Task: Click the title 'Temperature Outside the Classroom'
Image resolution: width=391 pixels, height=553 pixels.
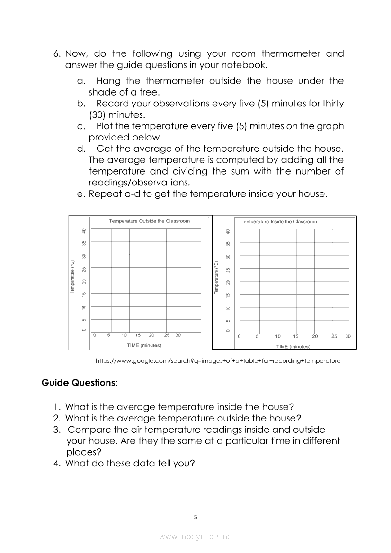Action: coord(149,221)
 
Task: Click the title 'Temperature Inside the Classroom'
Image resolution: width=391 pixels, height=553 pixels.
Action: coord(279,221)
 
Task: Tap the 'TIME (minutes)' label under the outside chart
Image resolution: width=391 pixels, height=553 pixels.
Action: coord(144,345)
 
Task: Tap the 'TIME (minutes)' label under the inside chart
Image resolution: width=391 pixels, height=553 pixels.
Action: coord(293,347)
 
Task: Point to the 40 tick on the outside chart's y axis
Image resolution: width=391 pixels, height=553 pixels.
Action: coord(84,231)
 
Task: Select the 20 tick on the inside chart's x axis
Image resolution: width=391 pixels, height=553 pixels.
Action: coord(315,337)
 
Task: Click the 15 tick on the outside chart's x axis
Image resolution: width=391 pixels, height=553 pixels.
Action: coord(138,335)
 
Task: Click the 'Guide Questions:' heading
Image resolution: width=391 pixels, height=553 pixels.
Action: coord(79,382)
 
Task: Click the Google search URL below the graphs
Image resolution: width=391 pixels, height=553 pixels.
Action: coord(218,361)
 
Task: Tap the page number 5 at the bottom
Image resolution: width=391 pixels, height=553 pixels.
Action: coord(195,517)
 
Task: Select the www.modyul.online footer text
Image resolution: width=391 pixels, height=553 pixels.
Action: coord(195,536)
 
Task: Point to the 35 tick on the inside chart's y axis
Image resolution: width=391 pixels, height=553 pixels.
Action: coord(228,244)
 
